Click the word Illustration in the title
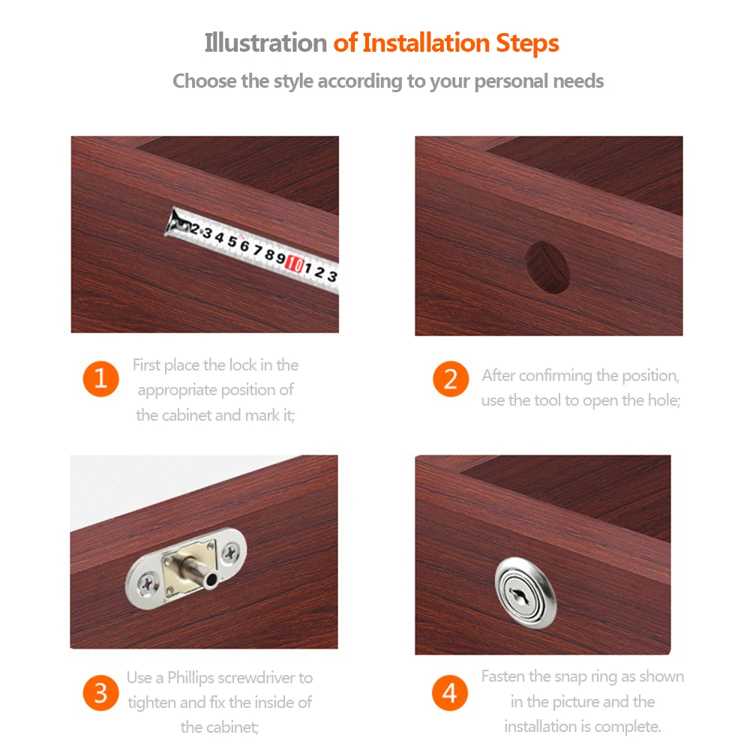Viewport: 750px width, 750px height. click(x=265, y=43)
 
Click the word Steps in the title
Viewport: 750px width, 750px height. click(x=527, y=44)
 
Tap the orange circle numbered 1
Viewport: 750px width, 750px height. click(x=101, y=379)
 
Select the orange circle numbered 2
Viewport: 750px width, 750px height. click(x=451, y=379)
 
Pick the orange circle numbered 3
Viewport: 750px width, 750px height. click(x=101, y=692)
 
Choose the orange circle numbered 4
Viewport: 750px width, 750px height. click(x=449, y=692)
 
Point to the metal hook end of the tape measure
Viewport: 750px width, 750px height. click(x=175, y=223)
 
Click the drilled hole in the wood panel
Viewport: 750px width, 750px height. click(x=547, y=267)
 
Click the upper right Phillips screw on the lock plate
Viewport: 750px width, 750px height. click(x=231, y=553)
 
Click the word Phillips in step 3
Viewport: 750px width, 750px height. click(x=190, y=678)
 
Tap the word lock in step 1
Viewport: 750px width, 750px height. click(x=242, y=365)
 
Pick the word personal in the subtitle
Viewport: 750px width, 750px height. click(x=511, y=81)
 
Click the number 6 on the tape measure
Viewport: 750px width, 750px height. click(x=244, y=246)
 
